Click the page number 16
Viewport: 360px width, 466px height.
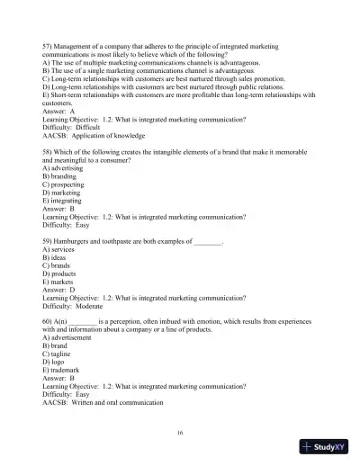point(180,433)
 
